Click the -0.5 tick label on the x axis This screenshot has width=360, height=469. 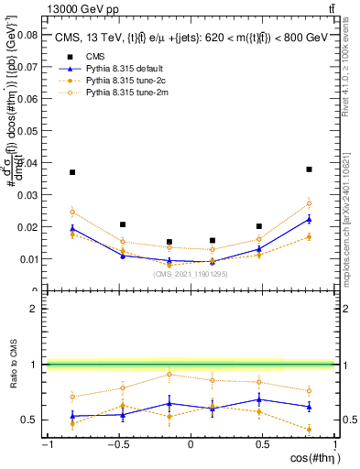pos(117,444)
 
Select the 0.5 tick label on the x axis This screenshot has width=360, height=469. pos(262,444)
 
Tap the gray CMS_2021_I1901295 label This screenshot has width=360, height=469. pos(191,274)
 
